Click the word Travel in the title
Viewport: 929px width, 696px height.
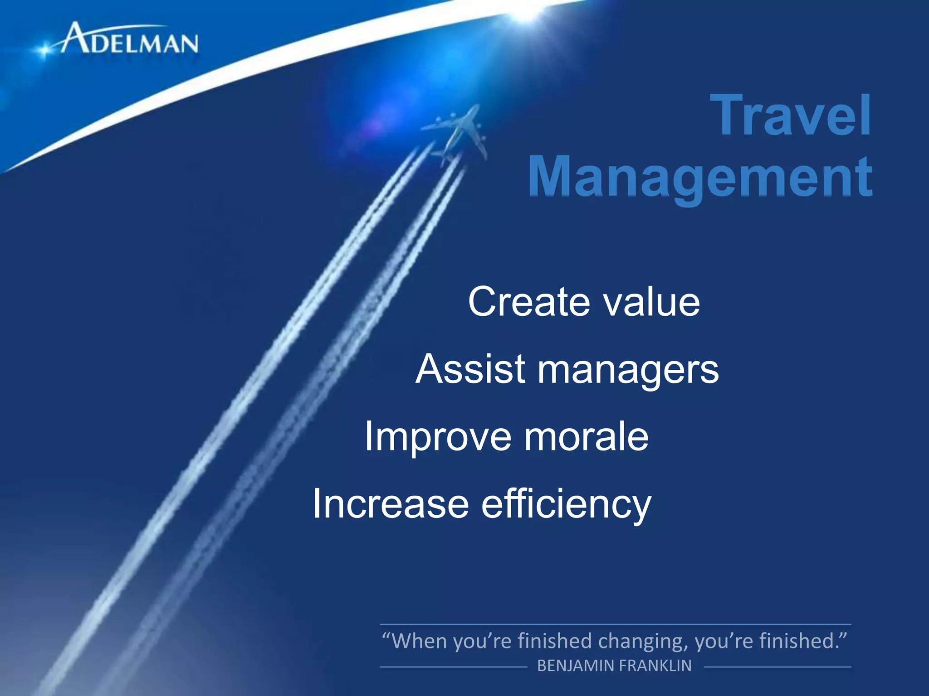(x=792, y=115)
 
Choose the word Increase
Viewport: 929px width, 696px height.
(x=391, y=504)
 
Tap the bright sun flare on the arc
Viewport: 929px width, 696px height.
(x=526, y=11)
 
